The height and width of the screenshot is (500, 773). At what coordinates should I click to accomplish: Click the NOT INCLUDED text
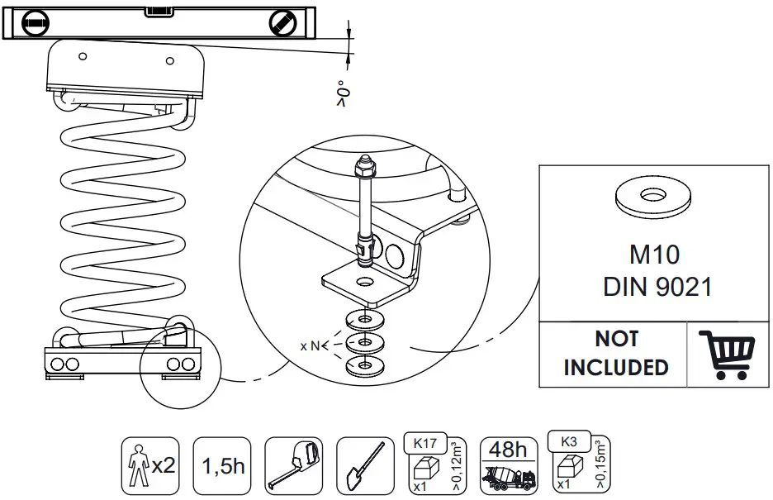pos(615,353)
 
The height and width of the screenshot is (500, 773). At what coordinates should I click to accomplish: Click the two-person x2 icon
pos(149,466)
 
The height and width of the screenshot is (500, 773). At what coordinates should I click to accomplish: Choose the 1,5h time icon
pos(222,466)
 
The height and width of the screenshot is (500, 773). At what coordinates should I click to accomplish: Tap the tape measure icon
pos(293,466)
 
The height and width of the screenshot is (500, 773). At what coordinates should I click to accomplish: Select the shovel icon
pos(364,466)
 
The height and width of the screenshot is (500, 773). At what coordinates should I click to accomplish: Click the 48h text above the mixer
pos(507,450)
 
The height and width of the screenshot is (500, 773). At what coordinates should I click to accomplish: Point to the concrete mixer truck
pos(507,479)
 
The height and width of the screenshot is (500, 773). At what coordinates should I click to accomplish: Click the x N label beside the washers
pos(310,345)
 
